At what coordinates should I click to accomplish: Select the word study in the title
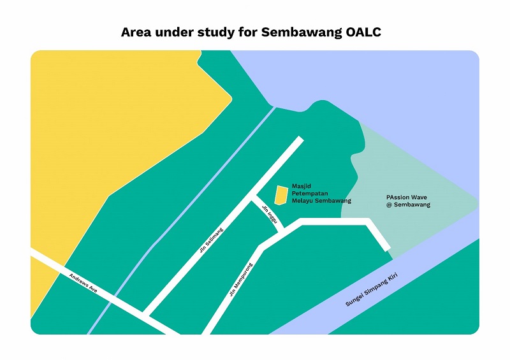(218, 32)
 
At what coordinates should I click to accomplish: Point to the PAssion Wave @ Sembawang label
(409, 201)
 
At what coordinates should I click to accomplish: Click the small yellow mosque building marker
(280, 195)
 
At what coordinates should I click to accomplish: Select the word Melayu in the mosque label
(303, 201)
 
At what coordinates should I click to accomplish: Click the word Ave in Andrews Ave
(94, 288)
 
